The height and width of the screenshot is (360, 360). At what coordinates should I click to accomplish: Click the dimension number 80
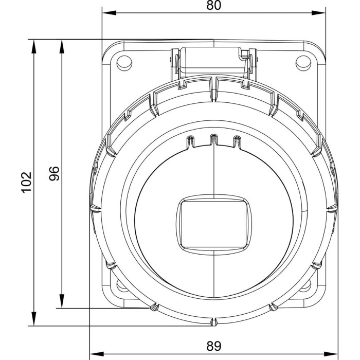coord(213,6)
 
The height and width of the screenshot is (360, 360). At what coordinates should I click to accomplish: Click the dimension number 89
coord(213,346)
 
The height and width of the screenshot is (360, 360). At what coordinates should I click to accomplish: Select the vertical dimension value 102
coord(27,182)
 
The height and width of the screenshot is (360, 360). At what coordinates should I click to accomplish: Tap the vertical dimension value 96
coord(54,174)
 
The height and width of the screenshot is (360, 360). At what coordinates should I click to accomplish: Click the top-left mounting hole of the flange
coord(124,63)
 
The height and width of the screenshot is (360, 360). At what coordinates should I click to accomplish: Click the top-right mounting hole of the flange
coord(303,63)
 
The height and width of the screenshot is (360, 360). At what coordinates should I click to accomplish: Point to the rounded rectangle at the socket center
coord(214,225)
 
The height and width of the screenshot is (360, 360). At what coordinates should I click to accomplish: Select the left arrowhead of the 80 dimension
coord(109,13)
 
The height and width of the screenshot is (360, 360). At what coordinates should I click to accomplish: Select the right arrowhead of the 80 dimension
coord(319,13)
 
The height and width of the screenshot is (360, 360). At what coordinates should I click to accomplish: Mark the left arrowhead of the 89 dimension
coord(97,354)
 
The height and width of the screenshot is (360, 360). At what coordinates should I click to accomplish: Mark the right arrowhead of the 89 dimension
coord(331,354)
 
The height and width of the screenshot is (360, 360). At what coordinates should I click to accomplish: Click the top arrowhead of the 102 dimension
coord(34,47)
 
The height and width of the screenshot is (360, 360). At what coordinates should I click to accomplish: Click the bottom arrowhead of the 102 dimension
coord(34,319)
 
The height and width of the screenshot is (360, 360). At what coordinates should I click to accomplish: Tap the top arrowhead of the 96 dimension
coord(62,47)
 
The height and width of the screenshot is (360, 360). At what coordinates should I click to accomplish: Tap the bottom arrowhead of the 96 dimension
coord(62,301)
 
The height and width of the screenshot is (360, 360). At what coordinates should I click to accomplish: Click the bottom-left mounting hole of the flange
coord(122,285)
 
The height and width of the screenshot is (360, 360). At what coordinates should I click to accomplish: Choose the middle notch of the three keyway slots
coord(214,140)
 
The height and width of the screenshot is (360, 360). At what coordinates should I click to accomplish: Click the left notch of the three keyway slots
coord(190,141)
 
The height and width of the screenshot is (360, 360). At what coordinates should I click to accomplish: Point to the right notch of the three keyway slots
coord(238,141)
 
